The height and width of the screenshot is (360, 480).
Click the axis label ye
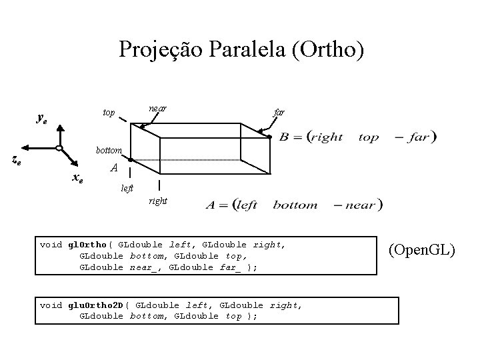pos(41,119)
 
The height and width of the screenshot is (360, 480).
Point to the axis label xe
pos(77,177)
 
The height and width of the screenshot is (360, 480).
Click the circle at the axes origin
pos(59,148)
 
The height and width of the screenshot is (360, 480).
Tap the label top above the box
pos(109,113)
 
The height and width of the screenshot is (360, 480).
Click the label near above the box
pos(158,107)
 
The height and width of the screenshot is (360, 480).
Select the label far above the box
pos(279,113)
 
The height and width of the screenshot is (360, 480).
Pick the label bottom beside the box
pos(107,150)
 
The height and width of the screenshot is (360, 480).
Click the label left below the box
pos(127,189)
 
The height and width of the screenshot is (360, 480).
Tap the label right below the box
pos(159,200)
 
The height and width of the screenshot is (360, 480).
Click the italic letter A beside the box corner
pos(114,169)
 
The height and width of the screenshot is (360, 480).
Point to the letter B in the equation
pos(284,138)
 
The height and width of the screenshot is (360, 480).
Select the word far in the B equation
pos(421,138)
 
